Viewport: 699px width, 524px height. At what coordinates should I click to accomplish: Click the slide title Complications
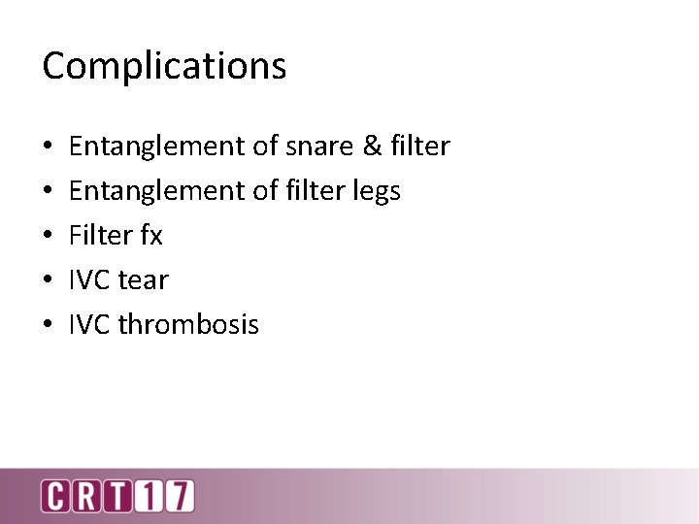pyautogui.click(x=164, y=66)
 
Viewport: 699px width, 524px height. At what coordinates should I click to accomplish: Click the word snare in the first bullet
pyautogui.click(x=320, y=147)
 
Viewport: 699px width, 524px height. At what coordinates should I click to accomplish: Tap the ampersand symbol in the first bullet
pyautogui.click(x=373, y=147)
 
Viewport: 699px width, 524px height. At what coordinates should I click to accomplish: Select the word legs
pyautogui.click(x=376, y=191)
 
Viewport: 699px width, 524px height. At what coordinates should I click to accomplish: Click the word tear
pyautogui.click(x=143, y=280)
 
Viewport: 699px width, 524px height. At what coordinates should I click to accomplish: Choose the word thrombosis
pyautogui.click(x=188, y=325)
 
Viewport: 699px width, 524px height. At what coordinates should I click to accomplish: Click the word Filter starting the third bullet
pyautogui.click(x=102, y=236)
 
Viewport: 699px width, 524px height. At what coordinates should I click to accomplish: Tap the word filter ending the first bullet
pyautogui.click(x=420, y=147)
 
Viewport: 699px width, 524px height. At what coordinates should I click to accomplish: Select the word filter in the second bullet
pyautogui.click(x=315, y=191)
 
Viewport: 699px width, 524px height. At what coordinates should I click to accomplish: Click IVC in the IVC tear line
pyautogui.click(x=89, y=280)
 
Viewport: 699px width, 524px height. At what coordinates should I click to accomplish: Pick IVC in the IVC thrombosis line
pyautogui.click(x=89, y=325)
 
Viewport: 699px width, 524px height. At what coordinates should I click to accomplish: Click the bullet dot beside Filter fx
pyautogui.click(x=48, y=237)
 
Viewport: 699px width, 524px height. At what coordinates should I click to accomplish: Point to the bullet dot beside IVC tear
pyautogui.click(x=48, y=281)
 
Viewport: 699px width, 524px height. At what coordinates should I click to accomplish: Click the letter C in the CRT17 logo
pyautogui.click(x=55, y=496)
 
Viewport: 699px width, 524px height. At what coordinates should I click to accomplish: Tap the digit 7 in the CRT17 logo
pyautogui.click(x=179, y=496)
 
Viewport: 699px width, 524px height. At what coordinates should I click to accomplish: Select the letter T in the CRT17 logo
pyautogui.click(x=117, y=496)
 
